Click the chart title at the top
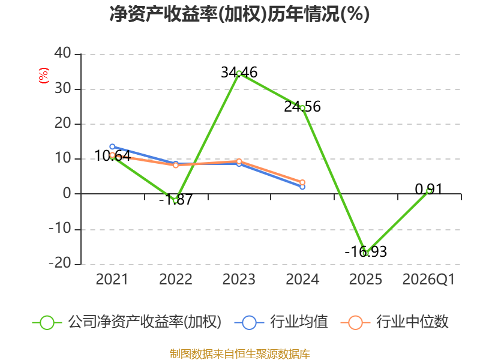[239, 14]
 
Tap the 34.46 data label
[239, 73]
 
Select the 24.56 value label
[302, 107]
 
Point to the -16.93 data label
[366, 251]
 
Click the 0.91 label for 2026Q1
[429, 189]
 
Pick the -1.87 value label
[176, 200]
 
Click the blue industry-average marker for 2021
[112, 146]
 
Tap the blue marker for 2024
[302, 187]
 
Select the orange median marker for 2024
[302, 182]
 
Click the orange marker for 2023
[239, 161]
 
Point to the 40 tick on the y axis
[63, 53]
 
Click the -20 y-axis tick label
[60, 263]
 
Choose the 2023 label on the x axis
[239, 279]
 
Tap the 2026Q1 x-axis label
[428, 280]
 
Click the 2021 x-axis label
[112, 279]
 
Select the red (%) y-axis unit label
[44, 76]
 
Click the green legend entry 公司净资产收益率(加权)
[127, 322]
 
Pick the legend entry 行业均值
[281, 322]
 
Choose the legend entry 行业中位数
[395, 322]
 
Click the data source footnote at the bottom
[240, 354]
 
